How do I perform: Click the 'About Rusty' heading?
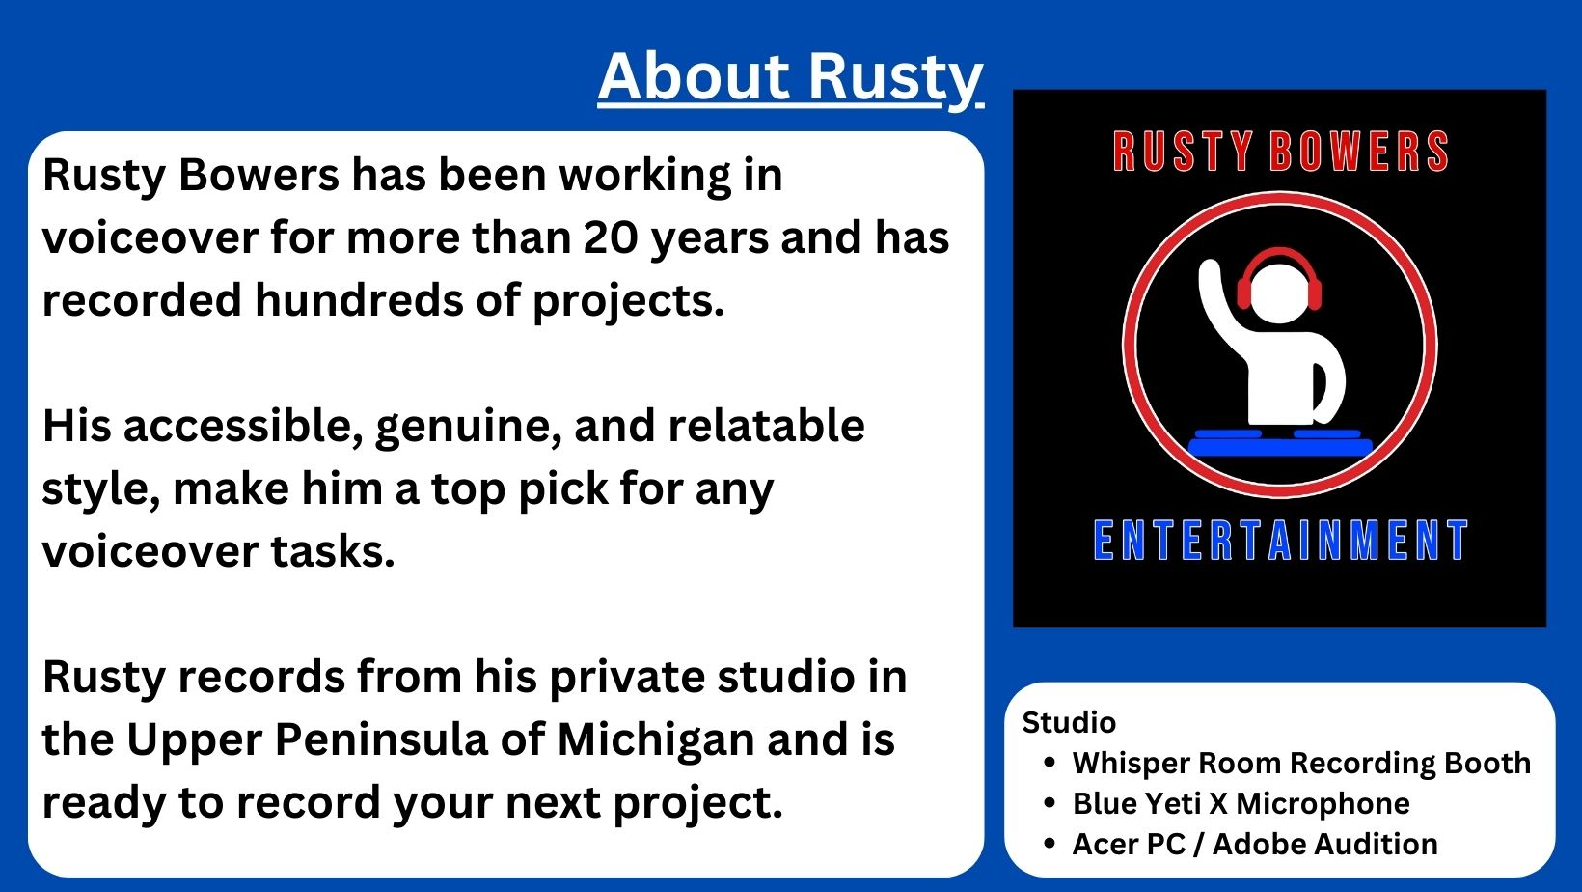pyautogui.click(x=790, y=78)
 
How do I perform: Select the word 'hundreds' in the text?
pyautogui.click(x=358, y=299)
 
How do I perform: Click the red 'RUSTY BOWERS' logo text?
pyautogui.click(x=1280, y=151)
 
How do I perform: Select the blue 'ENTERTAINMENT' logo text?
pyautogui.click(x=1280, y=540)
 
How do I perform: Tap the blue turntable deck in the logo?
pyautogui.click(x=1280, y=443)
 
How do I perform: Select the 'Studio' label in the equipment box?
pyautogui.click(x=1069, y=723)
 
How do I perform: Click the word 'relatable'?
pyautogui.click(x=766, y=426)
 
